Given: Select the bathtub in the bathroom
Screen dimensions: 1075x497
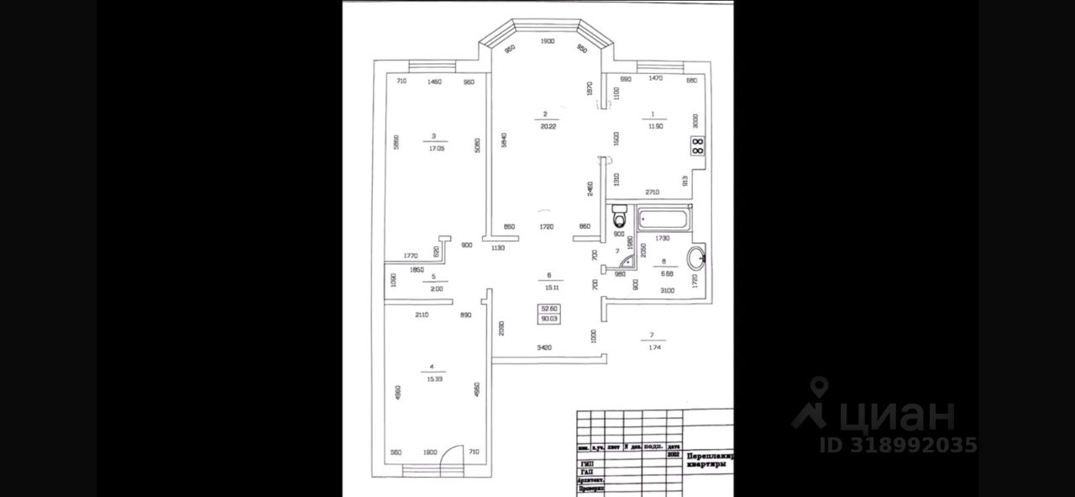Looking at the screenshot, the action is click(x=663, y=221).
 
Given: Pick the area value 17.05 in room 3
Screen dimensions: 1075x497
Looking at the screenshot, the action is click(x=434, y=147).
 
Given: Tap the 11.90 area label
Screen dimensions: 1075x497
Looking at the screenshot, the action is click(x=655, y=126).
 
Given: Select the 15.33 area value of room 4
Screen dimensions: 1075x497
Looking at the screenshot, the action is click(x=434, y=379).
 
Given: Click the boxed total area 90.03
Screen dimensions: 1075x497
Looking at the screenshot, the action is click(x=550, y=319).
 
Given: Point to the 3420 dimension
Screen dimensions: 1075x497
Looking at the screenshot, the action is click(x=546, y=346).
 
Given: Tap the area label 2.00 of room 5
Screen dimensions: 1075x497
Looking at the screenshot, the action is click(x=434, y=288).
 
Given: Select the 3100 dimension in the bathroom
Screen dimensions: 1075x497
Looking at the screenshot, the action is click(x=668, y=290).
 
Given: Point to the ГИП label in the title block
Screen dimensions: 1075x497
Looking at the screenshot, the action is click(x=586, y=462).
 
